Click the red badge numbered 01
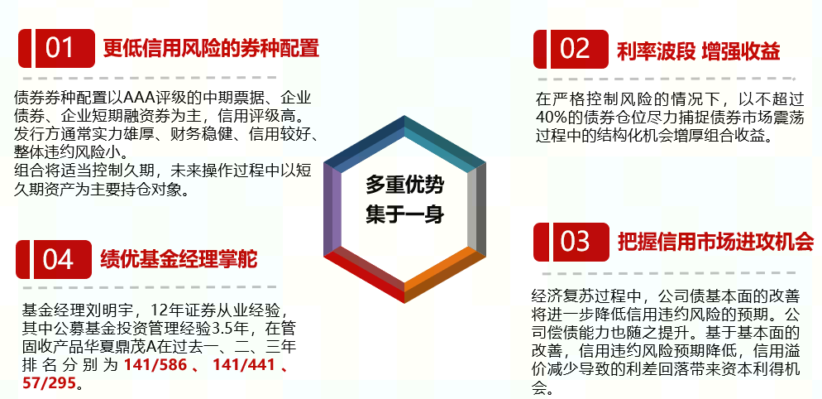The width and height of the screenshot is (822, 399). pyautogui.click(x=56, y=48)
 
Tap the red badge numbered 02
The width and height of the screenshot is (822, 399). pyautogui.click(x=571, y=50)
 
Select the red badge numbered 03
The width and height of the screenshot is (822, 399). pyautogui.click(x=571, y=242)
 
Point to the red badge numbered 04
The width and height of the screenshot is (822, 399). pyautogui.click(x=54, y=259)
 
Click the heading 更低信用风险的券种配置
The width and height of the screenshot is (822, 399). pyautogui.click(x=211, y=48)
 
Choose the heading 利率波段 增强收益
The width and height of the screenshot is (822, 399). pyautogui.click(x=700, y=51)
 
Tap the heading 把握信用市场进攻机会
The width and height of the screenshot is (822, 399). pyautogui.click(x=715, y=242)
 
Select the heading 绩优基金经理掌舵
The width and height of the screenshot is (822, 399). pyautogui.click(x=179, y=259)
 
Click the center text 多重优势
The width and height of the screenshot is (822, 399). pyautogui.click(x=404, y=186)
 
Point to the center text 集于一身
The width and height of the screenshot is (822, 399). pyautogui.click(x=404, y=214)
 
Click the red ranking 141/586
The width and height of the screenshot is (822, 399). pyautogui.click(x=155, y=365)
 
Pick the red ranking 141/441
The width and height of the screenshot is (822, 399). pyautogui.click(x=244, y=365)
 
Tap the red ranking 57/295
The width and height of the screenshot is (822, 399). pyautogui.click(x=50, y=383)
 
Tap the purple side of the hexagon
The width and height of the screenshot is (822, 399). pyautogui.click(x=332, y=209)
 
